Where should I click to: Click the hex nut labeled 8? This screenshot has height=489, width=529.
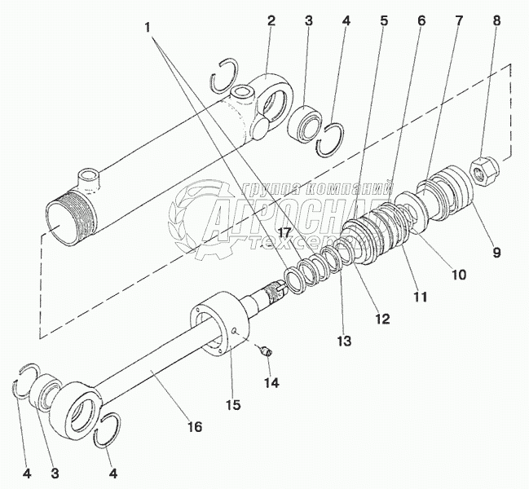click(x=484, y=172)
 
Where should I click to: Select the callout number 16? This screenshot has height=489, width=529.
click(x=195, y=426)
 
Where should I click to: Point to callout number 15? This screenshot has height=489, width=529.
click(x=233, y=404)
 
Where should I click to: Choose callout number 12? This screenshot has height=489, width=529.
click(x=382, y=319)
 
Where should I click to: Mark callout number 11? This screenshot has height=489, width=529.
click(x=419, y=297)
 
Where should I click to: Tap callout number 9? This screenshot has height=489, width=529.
click(x=496, y=252)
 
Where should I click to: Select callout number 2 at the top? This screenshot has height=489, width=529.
click(x=271, y=20)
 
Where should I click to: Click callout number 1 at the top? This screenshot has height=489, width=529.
click(x=147, y=28)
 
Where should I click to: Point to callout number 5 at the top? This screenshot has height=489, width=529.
click(x=384, y=20)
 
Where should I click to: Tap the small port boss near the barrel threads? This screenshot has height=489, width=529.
click(x=89, y=181)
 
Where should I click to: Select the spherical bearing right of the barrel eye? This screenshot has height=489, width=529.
click(x=305, y=124)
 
